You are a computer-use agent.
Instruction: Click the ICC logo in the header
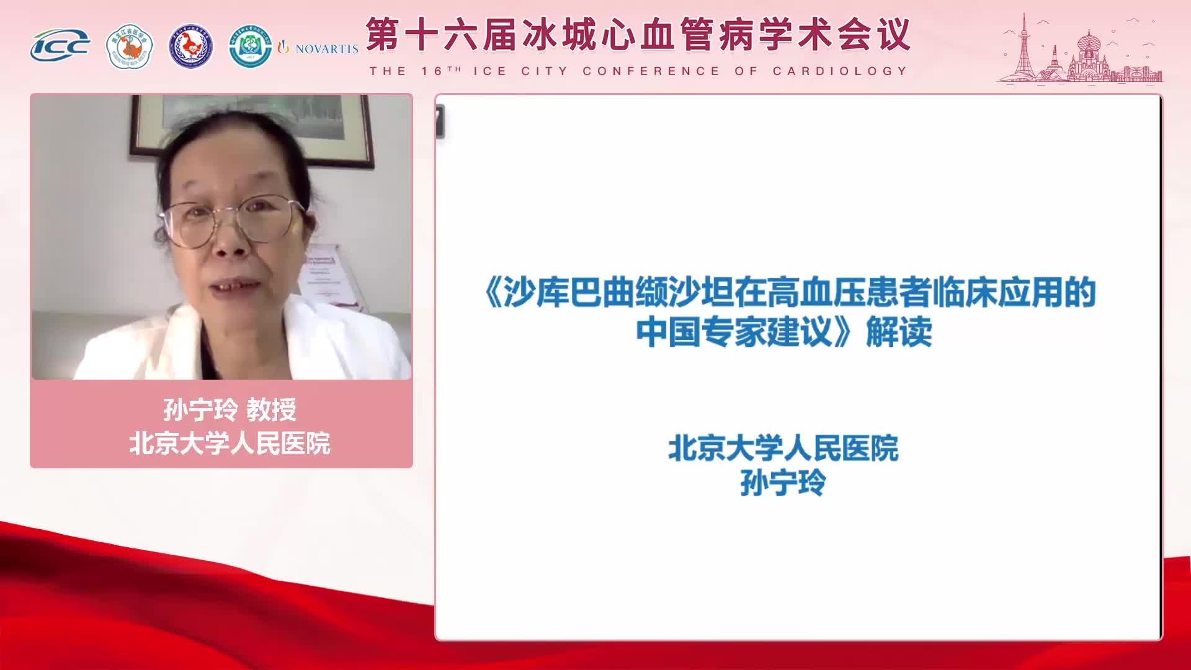tap(60, 46)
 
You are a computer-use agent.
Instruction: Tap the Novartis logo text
tap(326, 49)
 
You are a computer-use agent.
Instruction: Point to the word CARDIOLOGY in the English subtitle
tap(840, 71)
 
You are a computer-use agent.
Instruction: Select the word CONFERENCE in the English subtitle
tap(651, 71)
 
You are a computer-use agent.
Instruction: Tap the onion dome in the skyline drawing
tap(1089, 43)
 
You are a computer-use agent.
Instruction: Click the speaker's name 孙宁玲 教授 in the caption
tap(230, 409)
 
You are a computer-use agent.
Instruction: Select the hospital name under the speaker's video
tap(230, 443)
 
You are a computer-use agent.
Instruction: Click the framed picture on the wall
tap(251, 124)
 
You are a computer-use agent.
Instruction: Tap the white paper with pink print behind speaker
tap(329, 273)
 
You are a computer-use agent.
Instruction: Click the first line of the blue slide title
tap(789, 293)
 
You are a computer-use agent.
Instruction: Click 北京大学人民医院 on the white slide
tap(783, 449)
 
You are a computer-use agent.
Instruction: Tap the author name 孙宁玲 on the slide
tap(783, 483)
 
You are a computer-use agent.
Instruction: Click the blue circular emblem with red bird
tap(191, 47)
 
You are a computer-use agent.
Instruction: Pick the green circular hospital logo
tap(250, 47)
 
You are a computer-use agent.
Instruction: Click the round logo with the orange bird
tap(130, 47)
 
